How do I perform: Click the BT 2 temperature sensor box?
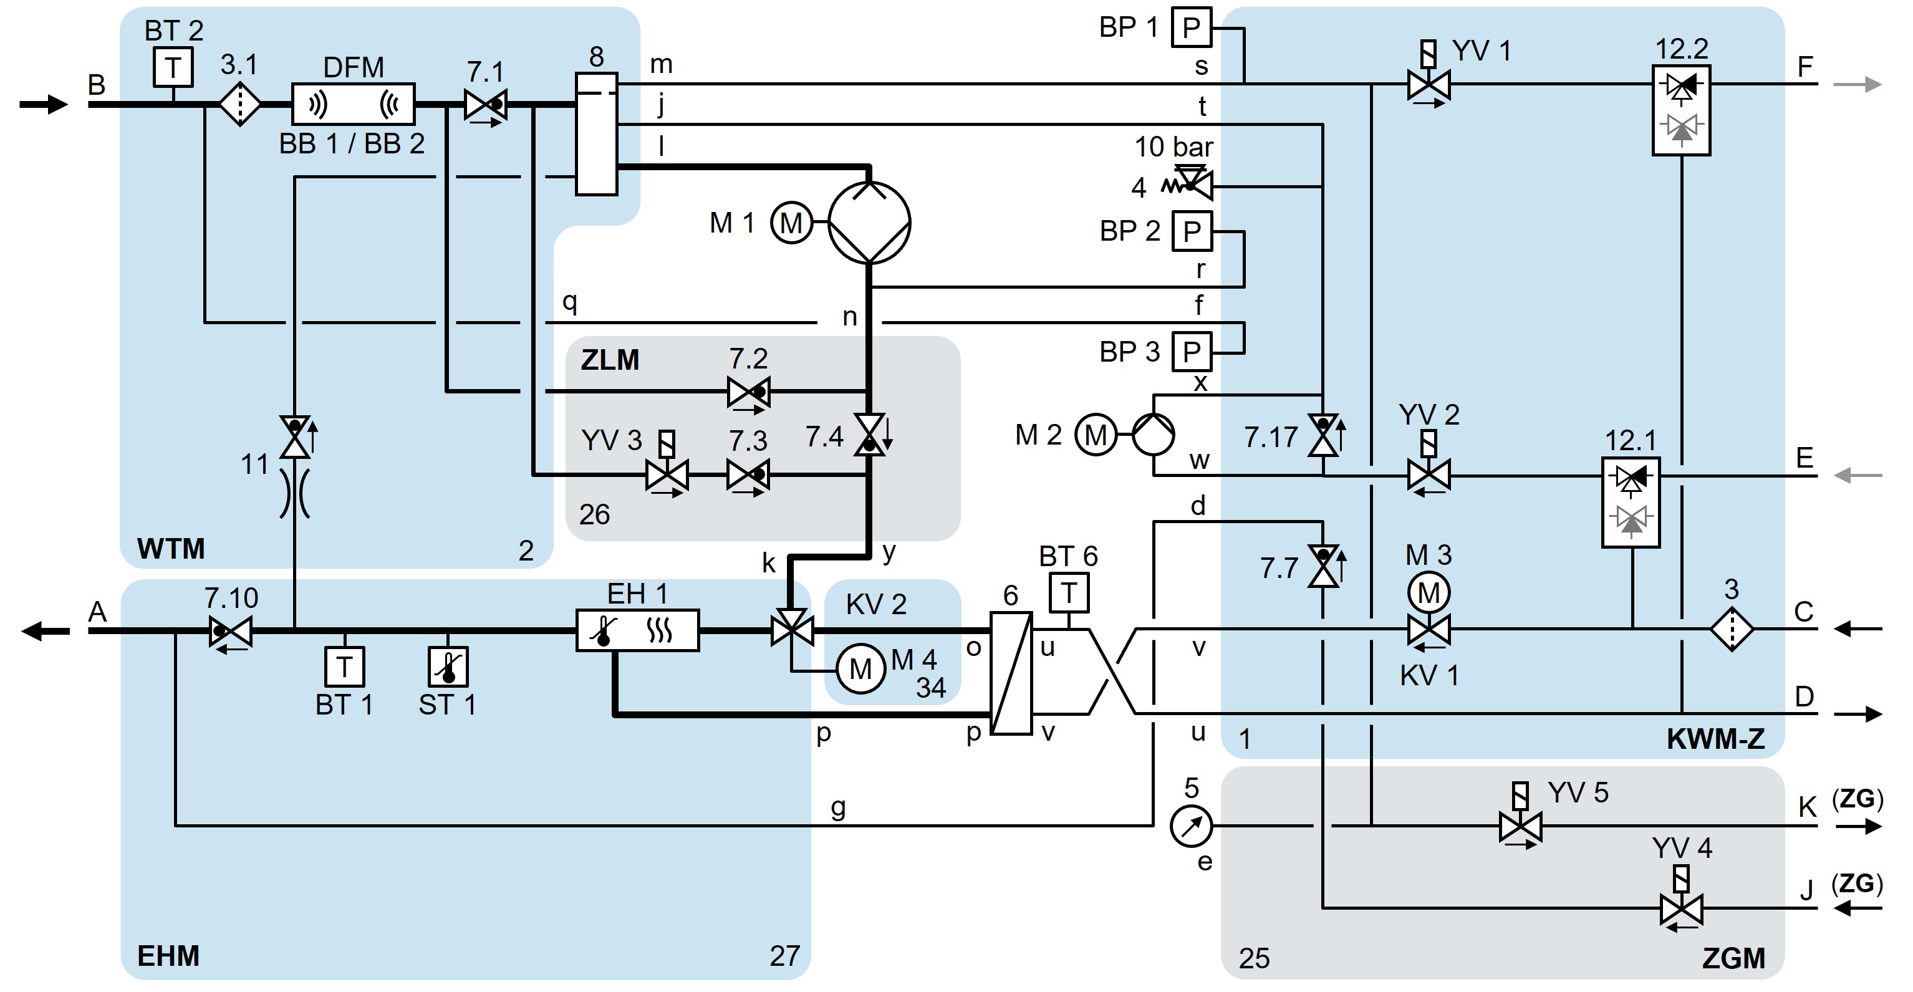click(x=173, y=67)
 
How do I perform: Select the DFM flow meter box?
click(x=353, y=104)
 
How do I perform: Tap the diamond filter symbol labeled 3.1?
click(x=240, y=105)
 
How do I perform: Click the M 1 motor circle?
click(x=791, y=222)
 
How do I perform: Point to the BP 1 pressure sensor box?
click(x=1191, y=27)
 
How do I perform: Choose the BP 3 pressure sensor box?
click(x=1191, y=351)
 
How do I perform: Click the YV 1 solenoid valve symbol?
click(x=1428, y=84)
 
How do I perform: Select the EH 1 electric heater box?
click(x=637, y=630)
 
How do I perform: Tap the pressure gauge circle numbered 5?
click(x=1191, y=826)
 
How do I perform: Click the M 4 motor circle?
click(x=860, y=669)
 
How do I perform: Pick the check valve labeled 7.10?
click(x=231, y=631)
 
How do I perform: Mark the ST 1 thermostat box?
click(x=448, y=667)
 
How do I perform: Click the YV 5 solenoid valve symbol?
click(x=1520, y=826)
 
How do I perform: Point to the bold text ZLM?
click(x=610, y=360)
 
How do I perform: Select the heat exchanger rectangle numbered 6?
click(x=1011, y=673)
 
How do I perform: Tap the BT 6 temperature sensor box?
click(x=1069, y=592)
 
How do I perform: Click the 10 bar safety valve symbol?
click(x=1193, y=183)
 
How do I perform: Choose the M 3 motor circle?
click(x=1428, y=592)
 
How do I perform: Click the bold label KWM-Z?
click(x=1715, y=739)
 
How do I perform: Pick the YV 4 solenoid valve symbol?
click(x=1680, y=908)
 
